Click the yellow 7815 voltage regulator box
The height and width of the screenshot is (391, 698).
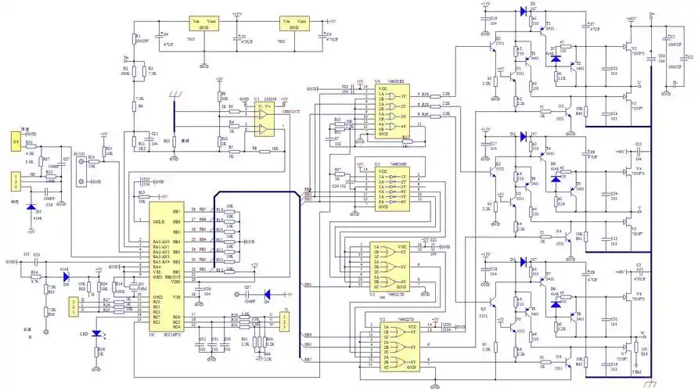click(x=204, y=24)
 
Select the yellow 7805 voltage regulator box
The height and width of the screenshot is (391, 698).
click(x=294, y=24)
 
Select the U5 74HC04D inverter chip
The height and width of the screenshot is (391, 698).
click(x=388, y=192)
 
